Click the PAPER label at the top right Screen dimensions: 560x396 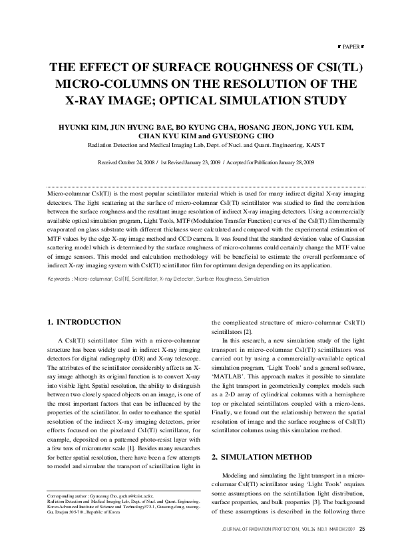pyautogui.click(x=353, y=48)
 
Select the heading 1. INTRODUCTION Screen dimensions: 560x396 pyautogui.click(x=84, y=322)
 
